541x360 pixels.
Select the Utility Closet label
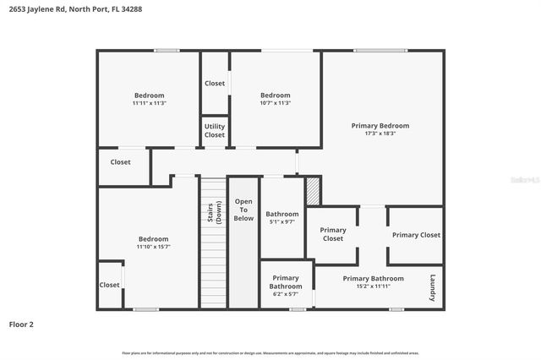click(x=215, y=130)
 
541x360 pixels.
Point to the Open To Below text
click(x=243, y=210)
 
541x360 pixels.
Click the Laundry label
click(x=432, y=287)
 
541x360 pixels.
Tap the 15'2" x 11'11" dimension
click(x=373, y=286)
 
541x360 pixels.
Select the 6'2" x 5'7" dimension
click(x=286, y=294)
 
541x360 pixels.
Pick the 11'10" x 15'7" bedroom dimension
click(x=153, y=247)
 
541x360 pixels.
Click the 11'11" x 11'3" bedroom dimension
click(x=150, y=103)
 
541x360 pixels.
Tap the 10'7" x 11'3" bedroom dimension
click(x=276, y=103)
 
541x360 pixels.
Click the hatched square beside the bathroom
click(x=313, y=190)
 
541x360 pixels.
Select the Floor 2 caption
click(x=22, y=324)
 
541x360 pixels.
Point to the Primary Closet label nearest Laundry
click(x=416, y=235)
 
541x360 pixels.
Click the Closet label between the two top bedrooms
click(x=215, y=84)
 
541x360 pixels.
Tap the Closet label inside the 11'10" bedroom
click(x=109, y=285)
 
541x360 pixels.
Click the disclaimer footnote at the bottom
click(x=270, y=352)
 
